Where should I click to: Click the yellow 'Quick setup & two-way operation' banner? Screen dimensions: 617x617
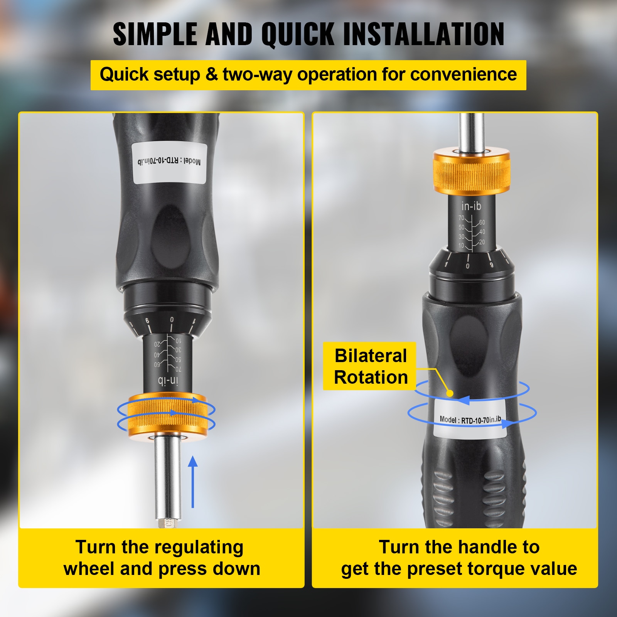point(308,75)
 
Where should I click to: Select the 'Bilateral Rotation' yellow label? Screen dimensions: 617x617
point(370,366)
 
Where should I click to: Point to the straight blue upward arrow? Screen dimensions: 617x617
point(193,482)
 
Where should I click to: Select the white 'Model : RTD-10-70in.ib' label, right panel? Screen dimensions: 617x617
point(470,419)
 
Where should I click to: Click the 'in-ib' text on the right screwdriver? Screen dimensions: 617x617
point(471,207)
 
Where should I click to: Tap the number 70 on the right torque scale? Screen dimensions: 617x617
point(461,218)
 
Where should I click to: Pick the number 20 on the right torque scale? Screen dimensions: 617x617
point(482,242)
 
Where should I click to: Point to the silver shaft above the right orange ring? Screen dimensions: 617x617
point(471,129)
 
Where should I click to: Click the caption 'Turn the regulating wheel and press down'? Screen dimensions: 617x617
point(162,558)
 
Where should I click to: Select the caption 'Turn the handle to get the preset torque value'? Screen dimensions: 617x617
point(459,558)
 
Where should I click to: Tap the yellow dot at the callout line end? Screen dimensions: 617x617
point(449,393)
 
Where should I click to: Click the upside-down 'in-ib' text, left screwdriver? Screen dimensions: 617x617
point(169,381)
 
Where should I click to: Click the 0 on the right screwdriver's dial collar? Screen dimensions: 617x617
point(468,266)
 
